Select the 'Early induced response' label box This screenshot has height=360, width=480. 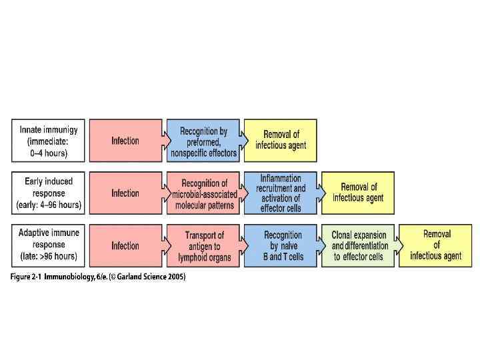pyautogui.click(x=49, y=193)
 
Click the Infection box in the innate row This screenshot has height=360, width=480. pyautogui.click(x=125, y=141)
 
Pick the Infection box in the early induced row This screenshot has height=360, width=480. pyautogui.click(x=125, y=193)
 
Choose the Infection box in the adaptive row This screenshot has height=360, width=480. pyautogui.click(x=125, y=245)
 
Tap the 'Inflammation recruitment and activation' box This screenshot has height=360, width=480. pyautogui.click(x=280, y=193)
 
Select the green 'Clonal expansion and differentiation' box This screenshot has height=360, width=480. pyautogui.click(x=359, y=245)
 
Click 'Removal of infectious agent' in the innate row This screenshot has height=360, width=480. pyautogui.click(x=280, y=141)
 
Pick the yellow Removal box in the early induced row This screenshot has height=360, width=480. pyautogui.click(x=358, y=193)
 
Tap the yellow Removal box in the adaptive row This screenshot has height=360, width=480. pyautogui.click(x=436, y=245)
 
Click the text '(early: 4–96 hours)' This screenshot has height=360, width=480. pyautogui.click(x=49, y=205)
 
